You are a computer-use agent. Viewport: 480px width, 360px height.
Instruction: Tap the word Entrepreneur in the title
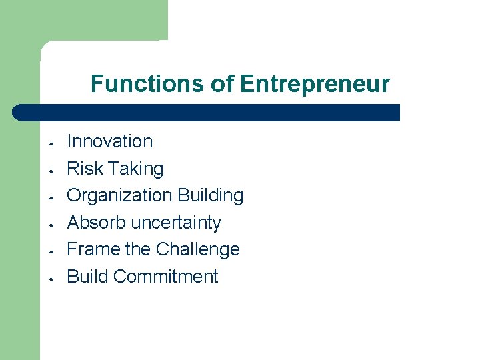[315, 84]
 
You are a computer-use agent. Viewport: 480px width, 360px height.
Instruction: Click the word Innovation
[110, 141]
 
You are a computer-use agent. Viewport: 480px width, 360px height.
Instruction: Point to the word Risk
[84, 169]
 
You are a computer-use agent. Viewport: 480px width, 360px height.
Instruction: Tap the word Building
[210, 195]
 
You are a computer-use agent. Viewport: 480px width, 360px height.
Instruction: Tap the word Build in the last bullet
[87, 276]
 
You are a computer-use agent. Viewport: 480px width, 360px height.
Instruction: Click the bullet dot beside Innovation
[51, 142]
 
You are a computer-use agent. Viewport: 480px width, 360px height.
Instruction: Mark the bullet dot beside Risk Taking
[51, 169]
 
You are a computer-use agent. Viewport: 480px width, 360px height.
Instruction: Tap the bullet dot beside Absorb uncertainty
[51, 223]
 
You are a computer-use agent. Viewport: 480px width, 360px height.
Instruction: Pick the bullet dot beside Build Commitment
[51, 277]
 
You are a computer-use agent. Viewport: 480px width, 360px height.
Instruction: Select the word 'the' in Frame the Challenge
[137, 249]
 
